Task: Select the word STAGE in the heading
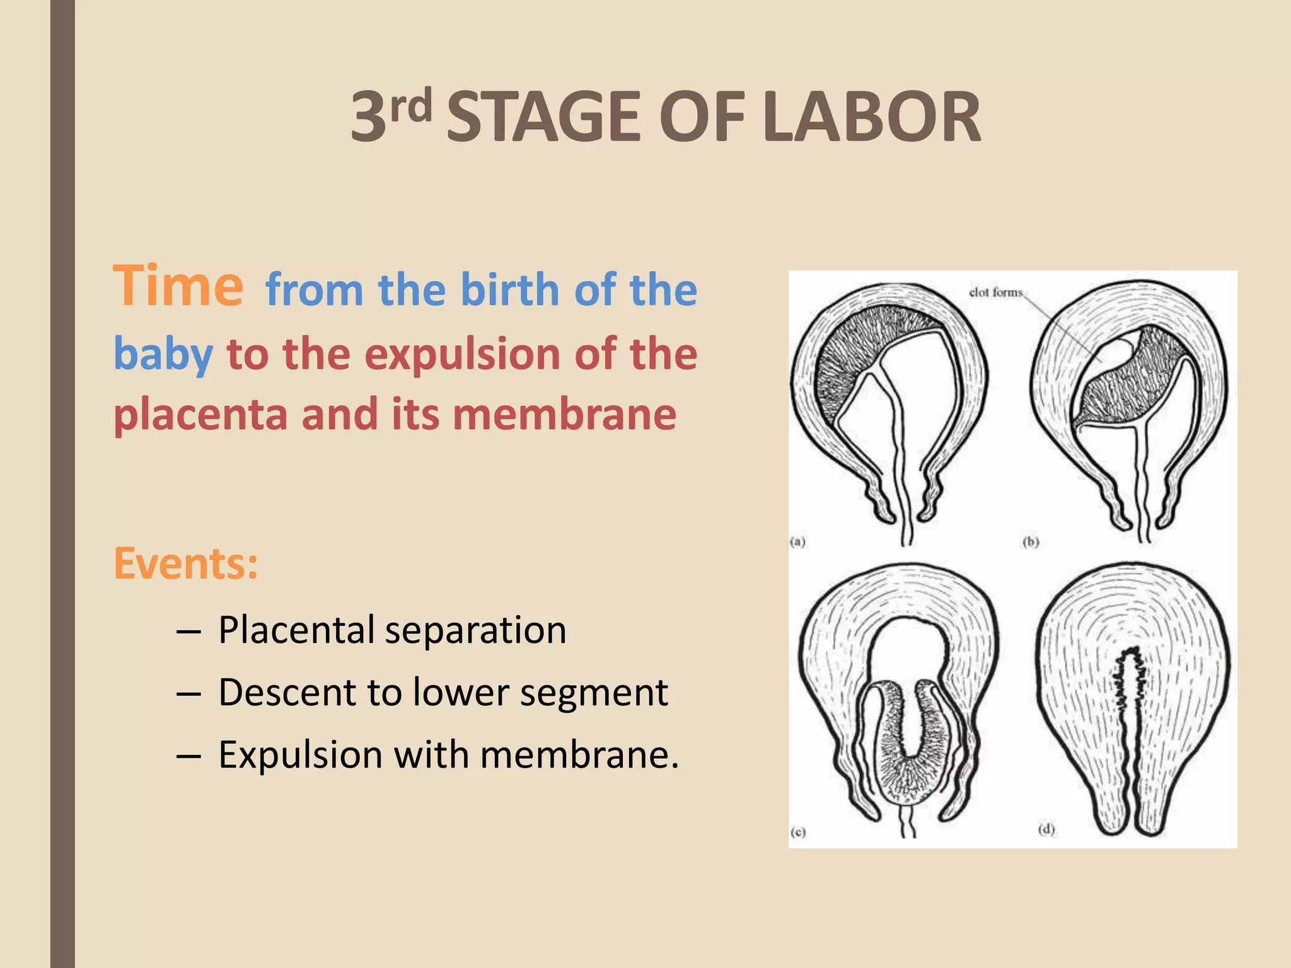543,117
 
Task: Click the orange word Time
178,287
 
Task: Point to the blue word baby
163,354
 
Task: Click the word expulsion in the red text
461,354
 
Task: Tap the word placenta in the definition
200,415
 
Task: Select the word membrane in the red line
564,415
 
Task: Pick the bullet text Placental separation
392,630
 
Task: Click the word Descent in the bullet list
287,692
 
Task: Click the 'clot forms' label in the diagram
995,292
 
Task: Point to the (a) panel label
798,541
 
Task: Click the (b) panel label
1031,541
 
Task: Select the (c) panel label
798,832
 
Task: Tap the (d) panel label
1046,829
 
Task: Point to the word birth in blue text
510,290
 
